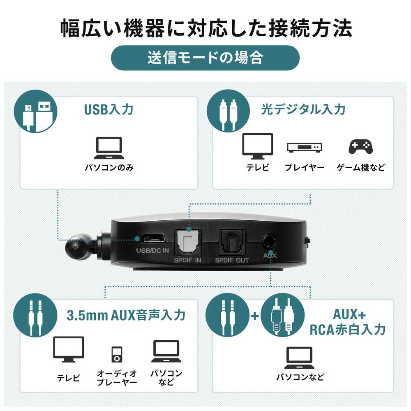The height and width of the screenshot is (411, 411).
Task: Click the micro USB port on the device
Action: click(154, 239)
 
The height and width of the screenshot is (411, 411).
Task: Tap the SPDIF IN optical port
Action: click(188, 242)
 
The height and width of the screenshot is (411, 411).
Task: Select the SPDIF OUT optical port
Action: click(232, 242)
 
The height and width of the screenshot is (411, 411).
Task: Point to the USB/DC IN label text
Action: click(152, 251)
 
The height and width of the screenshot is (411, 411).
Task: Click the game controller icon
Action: click(361, 147)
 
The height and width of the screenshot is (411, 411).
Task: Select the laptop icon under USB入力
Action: click(109, 148)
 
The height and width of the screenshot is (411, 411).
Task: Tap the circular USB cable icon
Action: click(35, 111)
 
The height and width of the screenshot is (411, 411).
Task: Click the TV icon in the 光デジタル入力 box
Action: click(257, 146)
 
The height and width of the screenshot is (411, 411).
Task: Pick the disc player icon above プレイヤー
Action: click(304, 148)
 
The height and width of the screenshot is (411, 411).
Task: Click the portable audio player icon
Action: click(117, 354)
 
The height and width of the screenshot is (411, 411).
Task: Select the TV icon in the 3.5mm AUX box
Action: click(69, 349)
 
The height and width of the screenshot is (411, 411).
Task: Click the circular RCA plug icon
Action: click(283, 315)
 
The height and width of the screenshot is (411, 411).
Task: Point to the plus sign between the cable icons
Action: click(255, 316)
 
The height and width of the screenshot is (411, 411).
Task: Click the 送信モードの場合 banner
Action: click(205, 58)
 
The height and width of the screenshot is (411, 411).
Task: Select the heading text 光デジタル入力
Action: click(303, 109)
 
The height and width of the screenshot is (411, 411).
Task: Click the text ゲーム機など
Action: click(361, 167)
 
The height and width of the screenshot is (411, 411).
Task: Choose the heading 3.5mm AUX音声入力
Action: click(126, 315)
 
